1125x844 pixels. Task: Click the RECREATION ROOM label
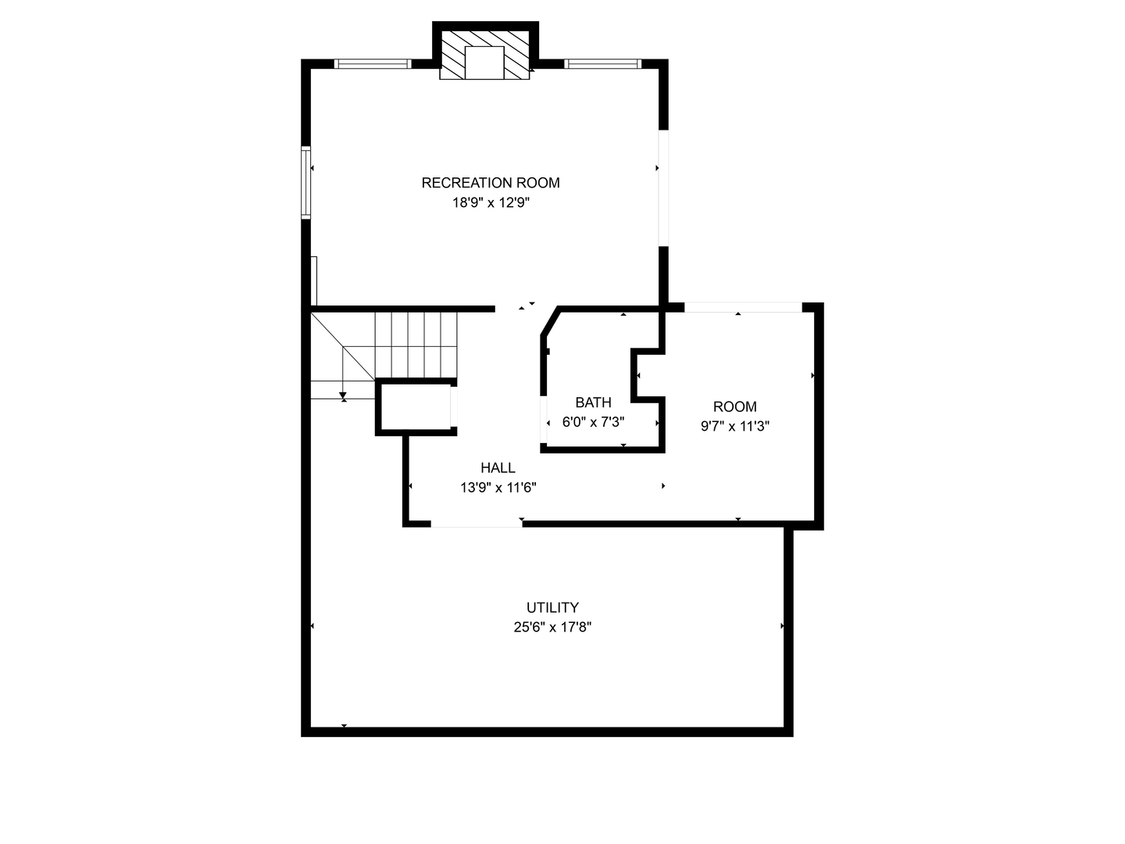tap(490, 183)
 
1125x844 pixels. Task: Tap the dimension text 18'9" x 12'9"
tap(490, 203)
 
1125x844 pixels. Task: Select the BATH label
tap(593, 402)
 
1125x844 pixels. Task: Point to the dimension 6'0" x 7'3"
tap(593, 422)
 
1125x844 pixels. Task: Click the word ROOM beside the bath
tap(734, 407)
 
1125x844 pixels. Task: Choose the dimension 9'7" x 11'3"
tap(734, 427)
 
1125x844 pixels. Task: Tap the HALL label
tap(498, 468)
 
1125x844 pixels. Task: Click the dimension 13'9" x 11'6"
tap(498, 488)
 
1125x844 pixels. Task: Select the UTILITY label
tap(552, 608)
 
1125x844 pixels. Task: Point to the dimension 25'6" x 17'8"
tap(552, 628)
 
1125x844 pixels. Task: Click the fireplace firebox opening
tap(484, 63)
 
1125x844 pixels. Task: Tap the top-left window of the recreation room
tap(373, 63)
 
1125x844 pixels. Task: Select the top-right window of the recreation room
tap(602, 63)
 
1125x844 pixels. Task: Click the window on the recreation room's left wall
tap(305, 182)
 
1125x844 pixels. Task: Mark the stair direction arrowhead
tap(343, 395)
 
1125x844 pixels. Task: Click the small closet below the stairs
tap(416, 407)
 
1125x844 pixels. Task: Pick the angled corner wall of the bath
tap(550, 321)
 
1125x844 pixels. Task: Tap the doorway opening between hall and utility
tap(476, 524)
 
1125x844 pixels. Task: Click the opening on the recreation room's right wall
tap(663, 188)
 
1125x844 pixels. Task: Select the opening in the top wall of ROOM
tap(743, 307)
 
